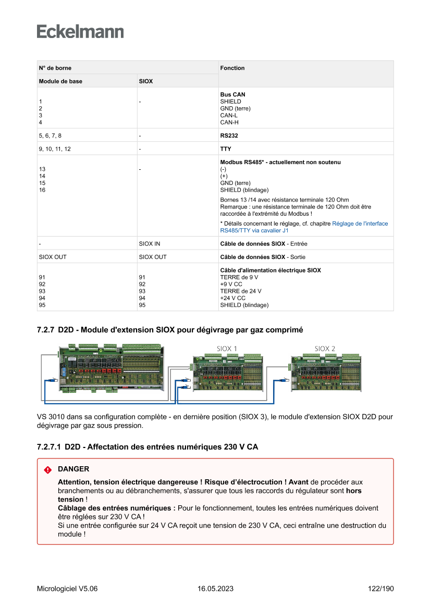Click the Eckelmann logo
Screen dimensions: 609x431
(80, 32)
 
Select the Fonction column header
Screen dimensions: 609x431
(232, 68)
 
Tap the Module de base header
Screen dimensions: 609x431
(60, 81)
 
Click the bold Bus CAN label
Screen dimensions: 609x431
(232, 95)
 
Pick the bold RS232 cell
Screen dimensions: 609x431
(229, 135)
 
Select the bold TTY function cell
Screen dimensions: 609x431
(226, 149)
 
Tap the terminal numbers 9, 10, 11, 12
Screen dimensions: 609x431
(55, 149)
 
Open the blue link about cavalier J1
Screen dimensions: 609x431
(304, 227)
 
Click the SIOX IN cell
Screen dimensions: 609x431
(150, 243)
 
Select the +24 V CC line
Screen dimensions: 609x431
(232, 298)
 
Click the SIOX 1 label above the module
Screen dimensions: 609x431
(227, 349)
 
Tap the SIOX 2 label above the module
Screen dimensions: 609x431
(325, 349)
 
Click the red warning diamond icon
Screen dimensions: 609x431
(48, 469)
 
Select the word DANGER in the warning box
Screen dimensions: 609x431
(73, 469)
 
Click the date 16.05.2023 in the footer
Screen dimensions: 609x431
(215, 589)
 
